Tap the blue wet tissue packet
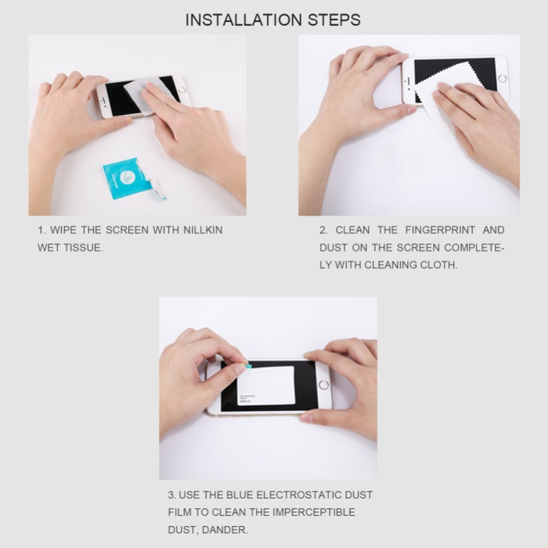(x=126, y=179)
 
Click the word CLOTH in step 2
(x=439, y=265)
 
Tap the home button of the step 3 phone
(x=323, y=386)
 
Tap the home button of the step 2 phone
(x=502, y=79)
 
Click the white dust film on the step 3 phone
(x=265, y=385)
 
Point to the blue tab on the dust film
(x=247, y=365)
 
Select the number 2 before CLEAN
(x=323, y=230)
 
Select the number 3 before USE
(x=171, y=496)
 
